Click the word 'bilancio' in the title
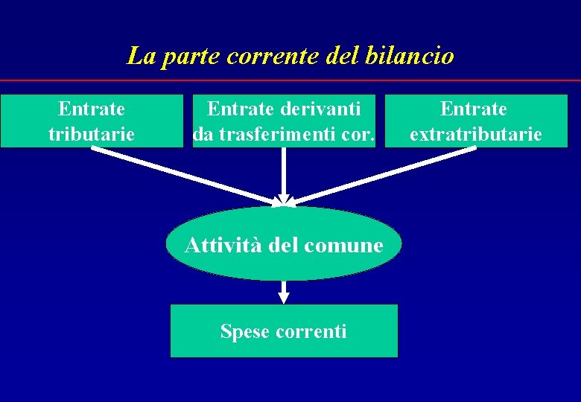coord(410,56)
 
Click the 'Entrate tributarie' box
coord(91,121)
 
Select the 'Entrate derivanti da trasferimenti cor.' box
coord(284,121)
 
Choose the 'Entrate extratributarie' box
coord(475,121)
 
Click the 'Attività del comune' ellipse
coord(283,243)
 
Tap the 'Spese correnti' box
coord(284,331)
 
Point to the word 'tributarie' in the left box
coord(92,135)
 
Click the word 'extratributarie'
coord(475,135)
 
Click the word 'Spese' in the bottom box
coord(242,331)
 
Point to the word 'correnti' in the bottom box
coord(310,331)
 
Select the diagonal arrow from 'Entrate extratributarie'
coord(381,175)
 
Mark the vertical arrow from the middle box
coord(284,175)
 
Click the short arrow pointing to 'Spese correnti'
coord(284,292)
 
